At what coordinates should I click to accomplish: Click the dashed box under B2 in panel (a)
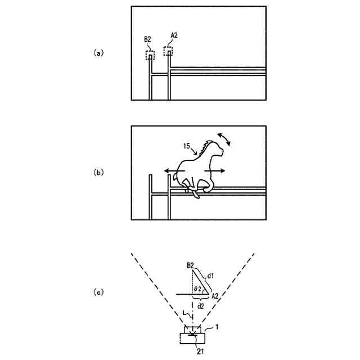pyautogui.click(x=150, y=56)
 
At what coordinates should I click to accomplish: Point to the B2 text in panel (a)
pyautogui.click(x=148, y=39)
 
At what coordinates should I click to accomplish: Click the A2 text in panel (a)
pyautogui.click(x=174, y=36)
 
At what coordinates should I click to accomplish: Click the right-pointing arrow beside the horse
pyautogui.click(x=217, y=170)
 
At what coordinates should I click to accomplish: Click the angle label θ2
pyautogui.click(x=199, y=288)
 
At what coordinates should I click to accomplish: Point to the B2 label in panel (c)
pyautogui.click(x=190, y=264)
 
